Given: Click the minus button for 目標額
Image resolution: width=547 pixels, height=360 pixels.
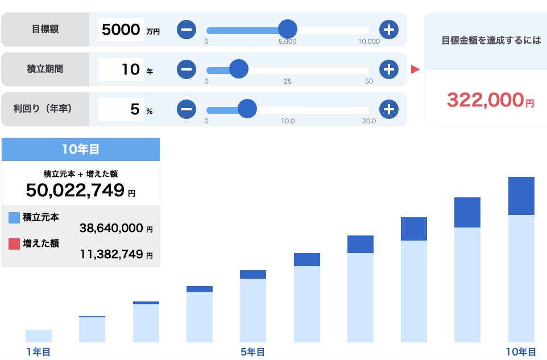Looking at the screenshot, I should (187, 29).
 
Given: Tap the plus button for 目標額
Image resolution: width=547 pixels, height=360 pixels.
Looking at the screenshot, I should (388, 29).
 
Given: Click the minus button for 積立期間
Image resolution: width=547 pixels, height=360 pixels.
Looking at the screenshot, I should (187, 69).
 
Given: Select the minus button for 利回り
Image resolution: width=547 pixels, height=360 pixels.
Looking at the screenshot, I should (187, 109).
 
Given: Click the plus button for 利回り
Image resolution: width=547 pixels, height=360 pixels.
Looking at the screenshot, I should (388, 109).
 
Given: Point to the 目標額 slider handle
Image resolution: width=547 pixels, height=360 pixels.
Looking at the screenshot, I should (288, 29).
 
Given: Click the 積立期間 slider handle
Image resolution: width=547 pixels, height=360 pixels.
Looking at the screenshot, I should (239, 69).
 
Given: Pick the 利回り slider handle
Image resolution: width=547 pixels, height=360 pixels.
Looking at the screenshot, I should (247, 109).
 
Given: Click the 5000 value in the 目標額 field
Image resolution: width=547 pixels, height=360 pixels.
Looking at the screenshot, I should (120, 30).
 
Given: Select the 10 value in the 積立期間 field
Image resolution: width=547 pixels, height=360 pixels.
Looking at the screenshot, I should (130, 69).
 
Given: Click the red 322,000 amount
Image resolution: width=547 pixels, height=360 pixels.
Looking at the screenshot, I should (484, 100).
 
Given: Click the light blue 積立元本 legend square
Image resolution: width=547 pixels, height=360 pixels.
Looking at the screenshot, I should (15, 217).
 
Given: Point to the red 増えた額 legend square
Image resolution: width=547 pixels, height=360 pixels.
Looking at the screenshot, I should (15, 243).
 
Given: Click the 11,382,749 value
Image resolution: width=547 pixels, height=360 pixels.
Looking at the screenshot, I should (111, 254).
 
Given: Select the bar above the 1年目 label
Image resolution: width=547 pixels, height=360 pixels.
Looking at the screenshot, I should (39, 336).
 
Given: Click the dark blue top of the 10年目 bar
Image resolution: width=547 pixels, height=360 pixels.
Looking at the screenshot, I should (521, 196).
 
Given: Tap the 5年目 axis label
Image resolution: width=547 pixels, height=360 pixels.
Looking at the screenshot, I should (252, 351).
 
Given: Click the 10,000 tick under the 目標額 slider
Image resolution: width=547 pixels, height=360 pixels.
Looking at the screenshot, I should (369, 42).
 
